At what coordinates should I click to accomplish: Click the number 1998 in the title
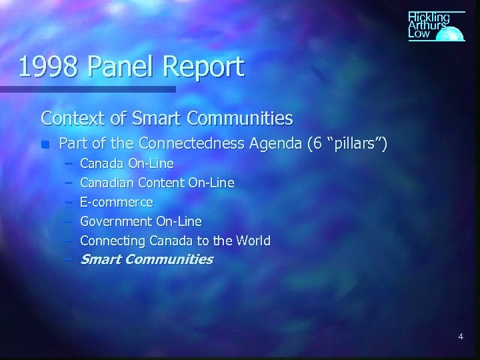[47, 67]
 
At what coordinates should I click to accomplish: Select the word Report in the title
[205, 67]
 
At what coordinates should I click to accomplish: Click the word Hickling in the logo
[429, 17]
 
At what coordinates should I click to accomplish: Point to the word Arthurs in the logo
[427, 25]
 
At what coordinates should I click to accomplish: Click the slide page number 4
[461, 337]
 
